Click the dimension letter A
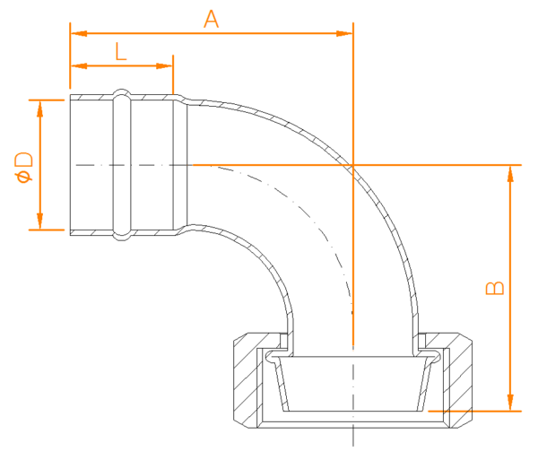pyautogui.click(x=211, y=19)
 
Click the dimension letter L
pyautogui.click(x=120, y=51)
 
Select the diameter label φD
pyautogui.click(x=24, y=168)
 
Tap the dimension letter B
pyautogui.click(x=495, y=288)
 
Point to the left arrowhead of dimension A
pyautogui.click(x=78, y=33)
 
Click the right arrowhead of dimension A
pyautogui.click(x=344, y=33)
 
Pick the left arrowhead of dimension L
pyautogui.click(x=78, y=65)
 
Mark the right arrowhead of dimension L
pyautogui.click(x=164, y=65)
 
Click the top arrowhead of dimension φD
pyautogui.click(x=39, y=108)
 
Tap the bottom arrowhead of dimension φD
pyautogui.click(x=39, y=221)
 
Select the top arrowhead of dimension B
pyautogui.click(x=510, y=174)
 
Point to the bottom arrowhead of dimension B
pyautogui.click(x=510, y=403)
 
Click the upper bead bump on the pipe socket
pyautogui.click(x=122, y=92)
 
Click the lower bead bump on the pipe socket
pyautogui.click(x=122, y=237)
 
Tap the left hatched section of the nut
pyautogui.click(x=247, y=381)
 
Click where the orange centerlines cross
pyautogui.click(x=353, y=165)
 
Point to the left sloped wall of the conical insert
pyautogui.click(x=282, y=384)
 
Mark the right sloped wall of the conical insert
pyautogui.click(x=425, y=384)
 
